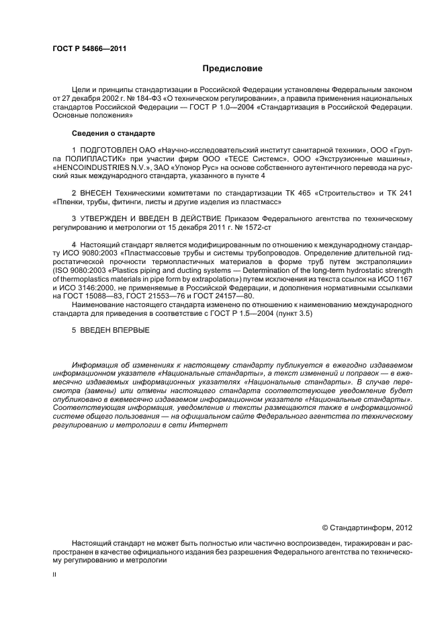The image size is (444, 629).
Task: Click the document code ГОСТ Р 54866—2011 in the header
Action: [89, 48]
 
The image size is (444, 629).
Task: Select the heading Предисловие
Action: [232, 69]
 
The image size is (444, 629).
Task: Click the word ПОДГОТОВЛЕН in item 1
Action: [109, 149]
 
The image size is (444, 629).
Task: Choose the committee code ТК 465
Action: [302, 192]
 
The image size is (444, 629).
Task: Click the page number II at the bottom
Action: [54, 576]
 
